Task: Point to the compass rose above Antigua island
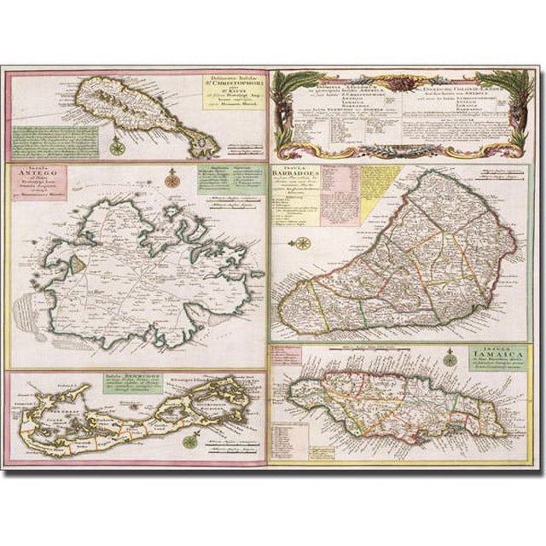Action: (x=173, y=178)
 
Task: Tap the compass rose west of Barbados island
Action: (x=302, y=244)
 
